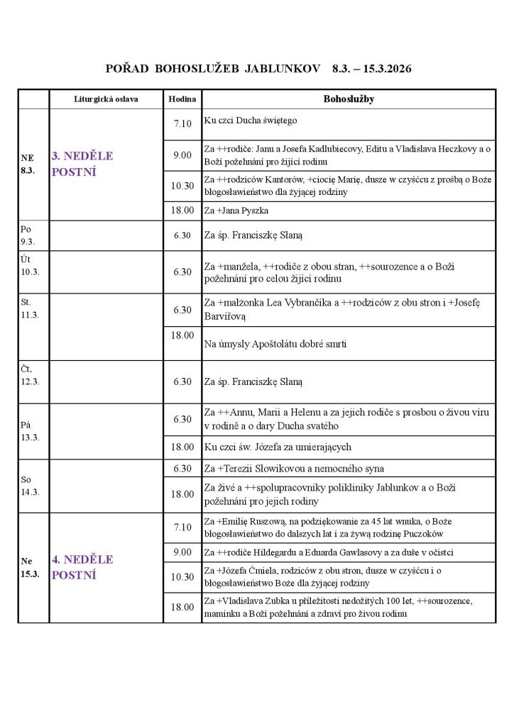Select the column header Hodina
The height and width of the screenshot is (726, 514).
tap(182, 99)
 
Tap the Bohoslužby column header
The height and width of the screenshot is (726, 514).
tap(348, 99)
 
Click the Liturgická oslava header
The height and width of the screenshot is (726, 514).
tap(106, 99)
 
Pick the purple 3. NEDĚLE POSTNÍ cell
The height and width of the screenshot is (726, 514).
tap(82, 164)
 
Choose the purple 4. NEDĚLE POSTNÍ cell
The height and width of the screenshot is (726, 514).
tap(82, 567)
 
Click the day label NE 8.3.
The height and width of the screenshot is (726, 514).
tap(29, 164)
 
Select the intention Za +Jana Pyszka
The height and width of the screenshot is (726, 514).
tap(236, 211)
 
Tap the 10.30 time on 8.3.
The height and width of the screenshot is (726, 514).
tap(182, 186)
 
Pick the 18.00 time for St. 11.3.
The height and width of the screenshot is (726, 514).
tap(182, 335)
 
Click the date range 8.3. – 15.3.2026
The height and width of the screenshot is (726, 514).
tap(371, 69)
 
